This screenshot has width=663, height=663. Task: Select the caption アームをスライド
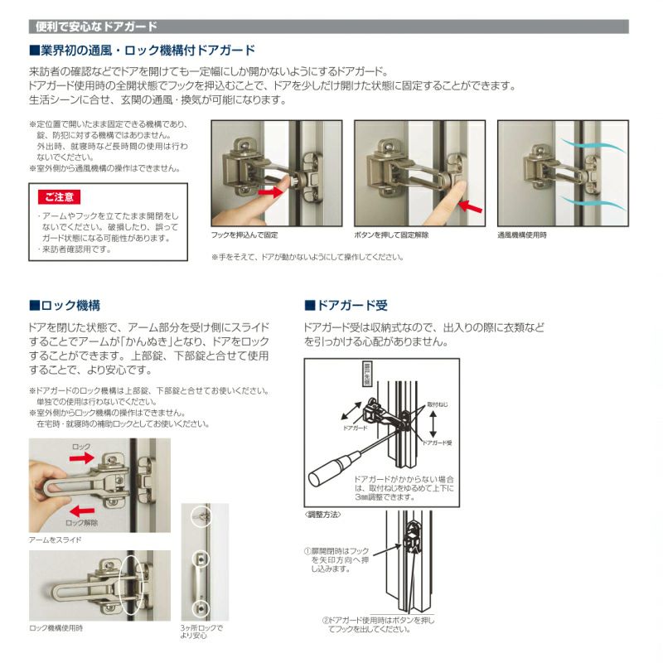[55, 540]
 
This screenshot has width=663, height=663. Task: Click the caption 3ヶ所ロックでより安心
[201, 632]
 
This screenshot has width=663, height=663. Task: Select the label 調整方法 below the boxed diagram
[324, 515]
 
